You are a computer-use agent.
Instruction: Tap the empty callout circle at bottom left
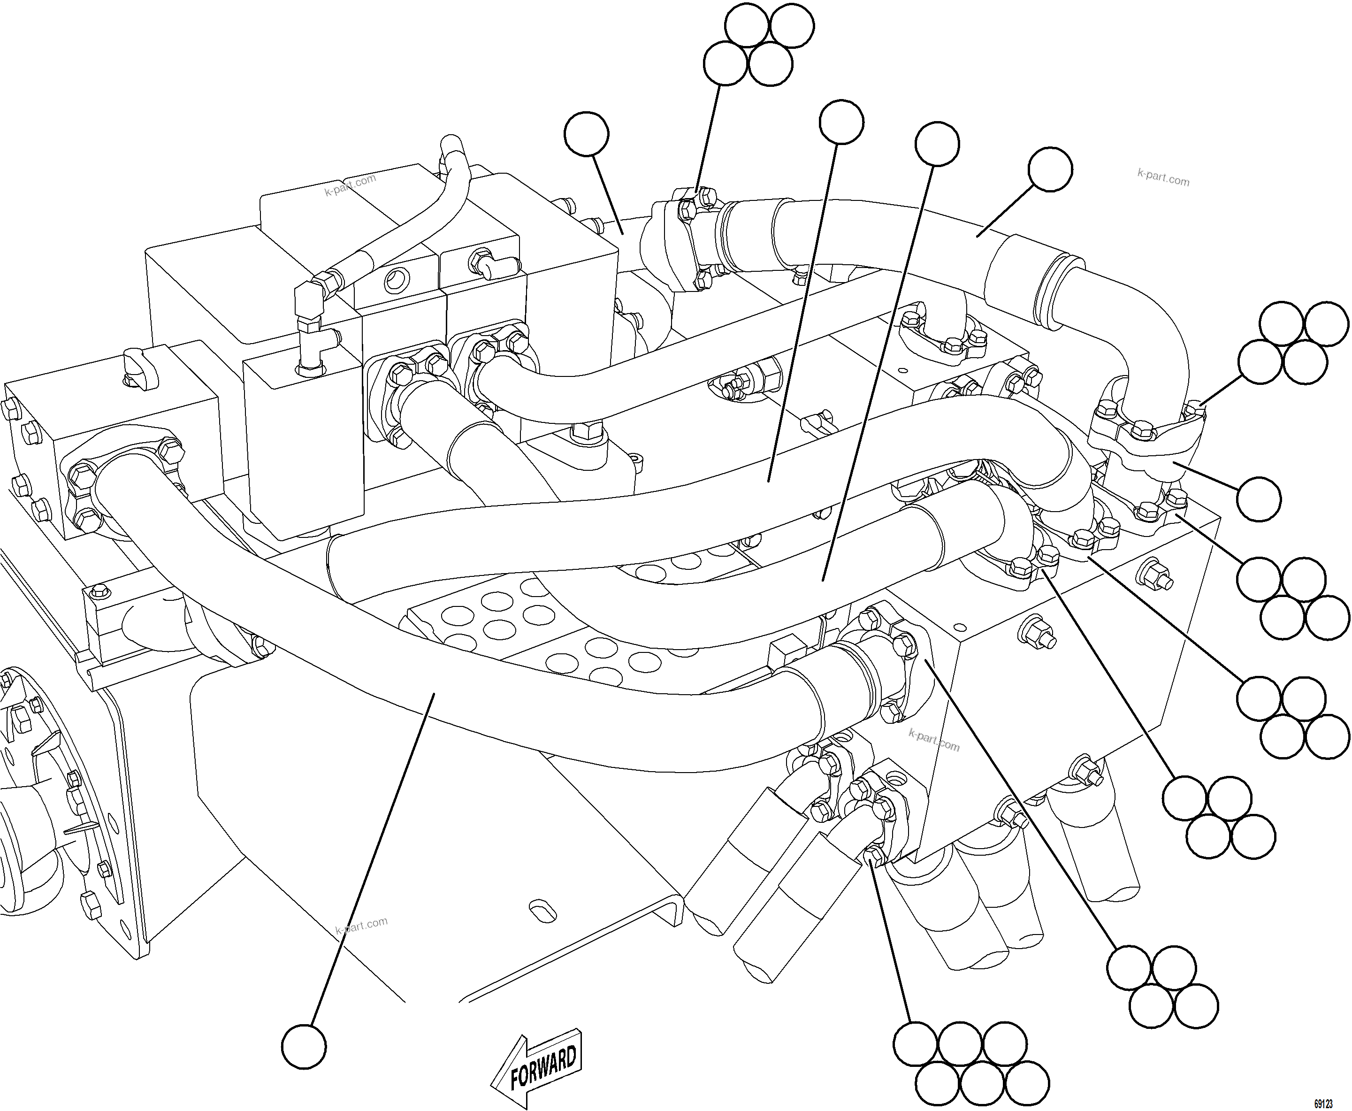tap(304, 1046)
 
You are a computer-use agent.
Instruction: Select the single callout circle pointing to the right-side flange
tap(1259, 498)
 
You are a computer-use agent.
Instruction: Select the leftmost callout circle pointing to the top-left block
tap(587, 134)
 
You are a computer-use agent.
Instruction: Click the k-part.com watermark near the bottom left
tap(361, 926)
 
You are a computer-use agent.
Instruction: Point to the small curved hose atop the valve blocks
tap(410, 224)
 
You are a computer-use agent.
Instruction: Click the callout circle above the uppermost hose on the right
tap(1050, 169)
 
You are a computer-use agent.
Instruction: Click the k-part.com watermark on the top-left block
tap(350, 185)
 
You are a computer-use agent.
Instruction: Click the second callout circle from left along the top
tap(841, 122)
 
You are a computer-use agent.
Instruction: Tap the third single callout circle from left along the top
tap(937, 144)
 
